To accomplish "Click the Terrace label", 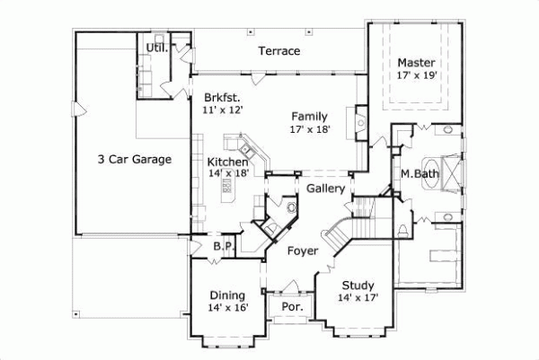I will [x=278, y=51].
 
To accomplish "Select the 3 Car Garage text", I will [x=135, y=159].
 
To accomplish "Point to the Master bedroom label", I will [x=416, y=63].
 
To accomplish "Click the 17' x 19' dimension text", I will [x=416, y=76].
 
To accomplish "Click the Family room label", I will [x=309, y=116].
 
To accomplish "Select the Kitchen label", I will [x=228, y=162].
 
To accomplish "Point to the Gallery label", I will [x=325, y=189].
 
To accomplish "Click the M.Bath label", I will [x=418, y=172].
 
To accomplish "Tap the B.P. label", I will [x=223, y=246].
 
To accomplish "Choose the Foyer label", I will [x=302, y=250].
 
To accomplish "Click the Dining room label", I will [x=227, y=294].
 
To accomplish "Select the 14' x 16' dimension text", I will [x=227, y=308].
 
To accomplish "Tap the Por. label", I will [x=292, y=306].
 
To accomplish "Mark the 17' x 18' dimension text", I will [x=309, y=129].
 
